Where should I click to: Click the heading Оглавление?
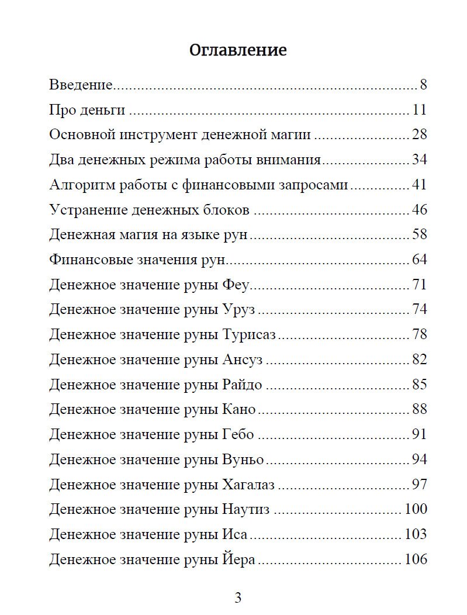tap(238, 50)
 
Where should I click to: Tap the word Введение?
tap(80, 85)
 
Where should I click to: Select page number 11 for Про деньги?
tap(420, 110)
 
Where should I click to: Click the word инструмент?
tap(158, 135)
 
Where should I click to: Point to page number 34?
tap(420, 160)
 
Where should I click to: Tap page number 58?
tap(420, 235)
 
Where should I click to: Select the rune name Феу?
tap(236, 285)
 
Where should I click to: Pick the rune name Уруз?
tap(239, 310)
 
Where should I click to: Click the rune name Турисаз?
tap(249, 334)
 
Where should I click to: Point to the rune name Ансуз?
tap(243, 360)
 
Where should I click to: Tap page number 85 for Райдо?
tap(420, 385)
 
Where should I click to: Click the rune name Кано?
tap(239, 409)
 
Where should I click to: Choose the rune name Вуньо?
tap(243, 459)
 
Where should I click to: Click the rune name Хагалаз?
tap(248, 485)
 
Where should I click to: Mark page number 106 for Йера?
tap(416, 559)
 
